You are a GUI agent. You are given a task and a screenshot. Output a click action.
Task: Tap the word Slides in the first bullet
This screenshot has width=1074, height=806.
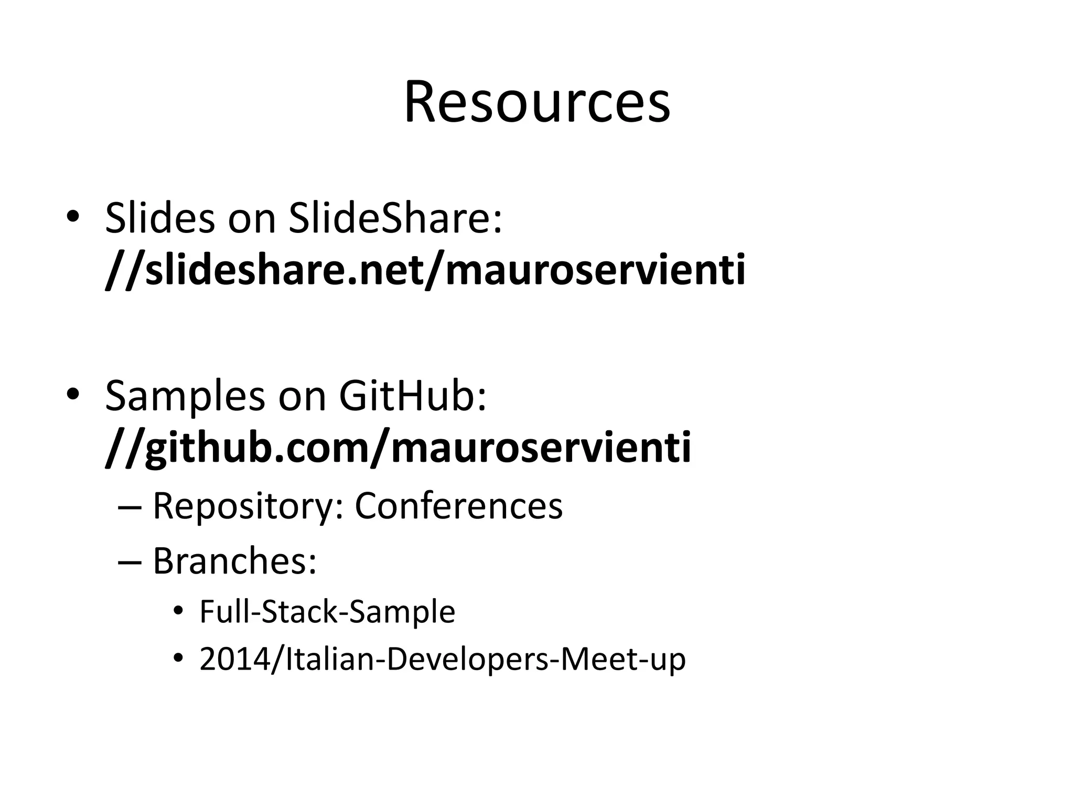tap(159, 218)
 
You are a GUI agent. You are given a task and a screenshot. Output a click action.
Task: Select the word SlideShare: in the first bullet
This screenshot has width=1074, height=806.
tap(395, 218)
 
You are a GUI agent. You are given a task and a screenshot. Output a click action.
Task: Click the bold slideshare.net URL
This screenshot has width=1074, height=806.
tap(425, 271)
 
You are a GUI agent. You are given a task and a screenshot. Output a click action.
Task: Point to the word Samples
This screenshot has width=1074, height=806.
tap(185, 396)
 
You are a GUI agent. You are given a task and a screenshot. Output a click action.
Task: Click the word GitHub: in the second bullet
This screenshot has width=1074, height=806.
tap(413, 396)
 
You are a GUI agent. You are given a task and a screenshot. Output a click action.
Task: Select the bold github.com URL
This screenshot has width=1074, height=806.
tap(398, 449)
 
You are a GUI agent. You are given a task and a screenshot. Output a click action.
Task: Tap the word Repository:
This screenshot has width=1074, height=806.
tap(248, 507)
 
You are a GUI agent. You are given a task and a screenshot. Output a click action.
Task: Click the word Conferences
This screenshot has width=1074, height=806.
tap(458, 506)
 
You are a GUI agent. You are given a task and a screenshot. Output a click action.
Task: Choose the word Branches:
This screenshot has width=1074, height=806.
tap(234, 561)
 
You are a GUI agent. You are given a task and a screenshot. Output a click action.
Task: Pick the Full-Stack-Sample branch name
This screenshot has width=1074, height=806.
tap(327, 612)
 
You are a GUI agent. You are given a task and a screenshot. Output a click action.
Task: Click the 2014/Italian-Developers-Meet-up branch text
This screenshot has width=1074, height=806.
tap(442, 659)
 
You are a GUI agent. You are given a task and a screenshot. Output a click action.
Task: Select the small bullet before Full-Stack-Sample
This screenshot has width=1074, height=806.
tap(178, 611)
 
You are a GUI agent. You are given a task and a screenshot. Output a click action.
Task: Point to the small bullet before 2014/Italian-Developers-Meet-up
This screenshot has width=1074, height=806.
tap(178, 659)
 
